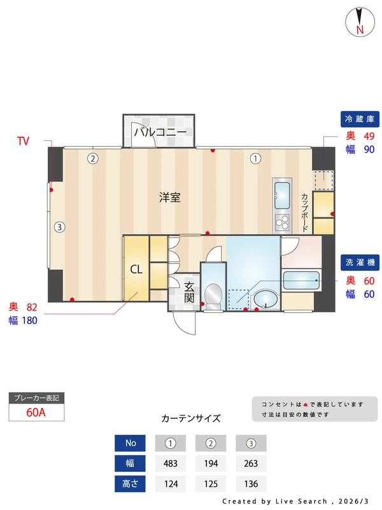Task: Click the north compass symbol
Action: (360, 22)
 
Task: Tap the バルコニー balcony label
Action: (160, 133)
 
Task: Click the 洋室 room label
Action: (170, 198)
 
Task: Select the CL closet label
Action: (136, 269)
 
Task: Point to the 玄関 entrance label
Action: (189, 292)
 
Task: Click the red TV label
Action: (24, 141)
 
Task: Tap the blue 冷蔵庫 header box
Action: (360, 119)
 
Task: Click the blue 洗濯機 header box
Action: (360, 262)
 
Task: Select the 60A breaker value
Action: (36, 412)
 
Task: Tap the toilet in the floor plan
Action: (213, 295)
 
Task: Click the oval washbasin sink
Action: (265, 300)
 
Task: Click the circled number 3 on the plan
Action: (59, 226)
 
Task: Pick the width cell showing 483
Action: (171, 463)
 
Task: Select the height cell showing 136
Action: (251, 483)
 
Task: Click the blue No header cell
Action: (131, 443)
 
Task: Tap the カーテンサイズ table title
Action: (191, 419)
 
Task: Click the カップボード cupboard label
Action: (305, 212)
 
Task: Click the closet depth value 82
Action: (32, 308)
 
